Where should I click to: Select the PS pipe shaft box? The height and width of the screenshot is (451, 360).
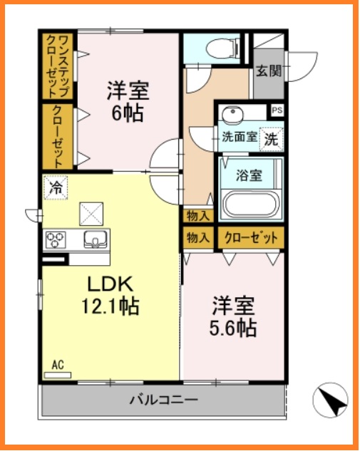point(277,110)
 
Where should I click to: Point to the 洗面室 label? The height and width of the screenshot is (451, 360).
point(238,138)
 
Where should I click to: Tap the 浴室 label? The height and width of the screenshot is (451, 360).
point(249,174)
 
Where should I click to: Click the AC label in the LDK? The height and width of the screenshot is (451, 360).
point(58,366)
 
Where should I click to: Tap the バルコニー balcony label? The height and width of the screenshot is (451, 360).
point(163,400)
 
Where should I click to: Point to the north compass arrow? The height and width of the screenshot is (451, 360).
point(331,400)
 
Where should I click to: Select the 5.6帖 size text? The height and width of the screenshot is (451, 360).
point(233,328)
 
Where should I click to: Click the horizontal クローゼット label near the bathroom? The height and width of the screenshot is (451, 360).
point(250,238)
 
